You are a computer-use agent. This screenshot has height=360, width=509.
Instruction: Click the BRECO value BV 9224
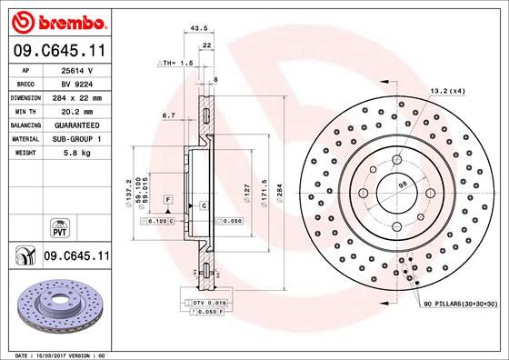[75, 82]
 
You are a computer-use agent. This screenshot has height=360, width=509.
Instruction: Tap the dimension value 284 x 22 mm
[75, 96]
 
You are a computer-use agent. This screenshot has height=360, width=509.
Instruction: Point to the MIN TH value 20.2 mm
[75, 110]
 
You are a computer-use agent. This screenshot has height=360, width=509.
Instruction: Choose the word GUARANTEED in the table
[75, 124]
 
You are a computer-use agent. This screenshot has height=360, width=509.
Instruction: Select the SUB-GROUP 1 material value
[75, 138]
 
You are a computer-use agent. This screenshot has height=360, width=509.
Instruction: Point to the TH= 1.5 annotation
[177, 64]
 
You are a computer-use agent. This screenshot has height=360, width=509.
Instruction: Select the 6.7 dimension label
[168, 116]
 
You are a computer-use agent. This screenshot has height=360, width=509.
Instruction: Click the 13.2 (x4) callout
[447, 90]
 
